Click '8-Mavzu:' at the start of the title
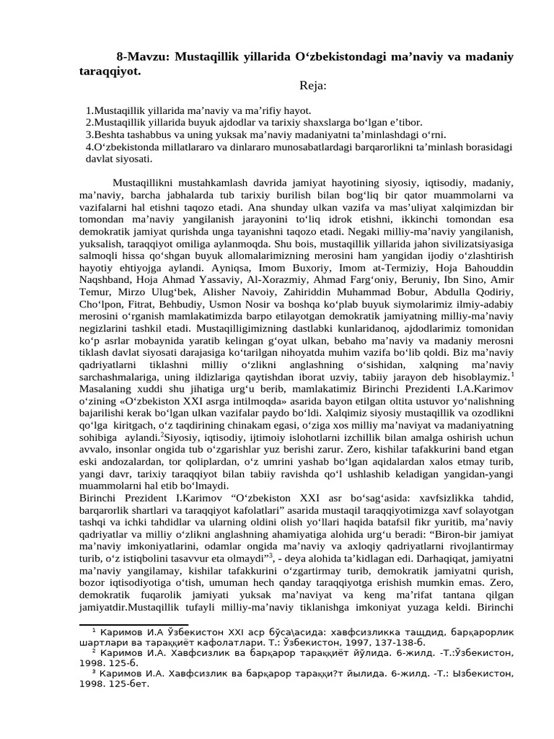(140, 57)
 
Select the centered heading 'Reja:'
(313, 86)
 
